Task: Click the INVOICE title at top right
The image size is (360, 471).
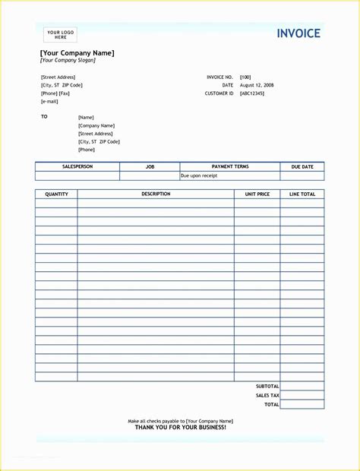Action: pos(298,33)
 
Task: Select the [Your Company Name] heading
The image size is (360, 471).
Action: pos(77,52)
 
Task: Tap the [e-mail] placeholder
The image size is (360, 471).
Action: pos(49,101)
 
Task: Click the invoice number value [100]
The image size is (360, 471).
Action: pos(245,77)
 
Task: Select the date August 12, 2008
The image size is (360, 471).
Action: pos(257,85)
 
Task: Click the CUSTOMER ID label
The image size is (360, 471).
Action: pos(219,93)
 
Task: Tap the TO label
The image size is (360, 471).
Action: pos(44,116)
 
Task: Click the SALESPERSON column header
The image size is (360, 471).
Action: pos(77,166)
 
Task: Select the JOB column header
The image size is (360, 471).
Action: pos(150,166)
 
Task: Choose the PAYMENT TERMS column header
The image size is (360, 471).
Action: pos(229,166)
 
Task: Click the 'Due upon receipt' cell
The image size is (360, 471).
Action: pos(199,175)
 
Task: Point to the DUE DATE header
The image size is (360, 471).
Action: pos(302,166)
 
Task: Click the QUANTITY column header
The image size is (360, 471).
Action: pos(56,194)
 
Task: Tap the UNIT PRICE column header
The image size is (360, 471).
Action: pos(257,194)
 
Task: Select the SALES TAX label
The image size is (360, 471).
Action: pos(267,395)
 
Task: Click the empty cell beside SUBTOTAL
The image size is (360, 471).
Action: pos(302,386)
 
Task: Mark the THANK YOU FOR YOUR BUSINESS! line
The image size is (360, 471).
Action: pos(180,428)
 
